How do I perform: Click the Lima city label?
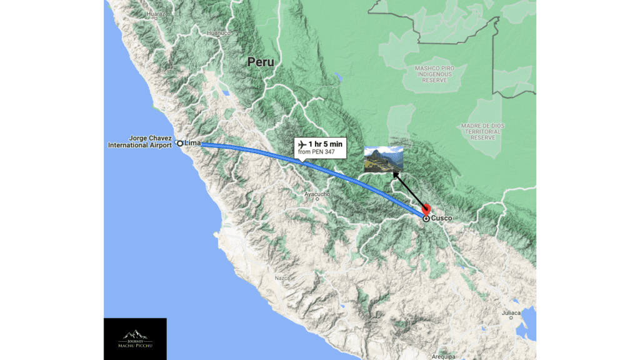coord(192,143)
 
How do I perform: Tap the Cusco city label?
coord(441,219)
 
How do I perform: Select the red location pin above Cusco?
coord(427,209)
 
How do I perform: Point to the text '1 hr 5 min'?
coord(326,144)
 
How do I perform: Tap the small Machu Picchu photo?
coord(384,159)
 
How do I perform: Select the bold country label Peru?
coord(261,62)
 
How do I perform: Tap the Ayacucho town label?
coord(317,194)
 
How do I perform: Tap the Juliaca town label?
coord(511,312)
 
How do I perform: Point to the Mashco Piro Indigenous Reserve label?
coord(434,74)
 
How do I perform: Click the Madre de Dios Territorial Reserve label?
coord(482,131)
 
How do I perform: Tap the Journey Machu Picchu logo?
coord(135,339)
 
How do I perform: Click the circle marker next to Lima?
coord(180,143)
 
